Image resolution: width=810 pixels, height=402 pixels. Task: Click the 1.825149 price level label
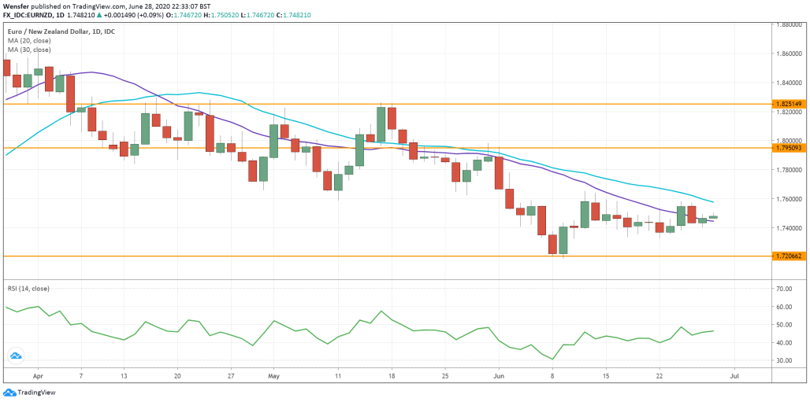(789, 104)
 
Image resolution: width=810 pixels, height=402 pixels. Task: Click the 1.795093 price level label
(789, 148)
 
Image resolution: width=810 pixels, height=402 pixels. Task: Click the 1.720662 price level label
(789, 256)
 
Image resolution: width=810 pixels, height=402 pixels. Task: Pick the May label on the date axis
(272, 378)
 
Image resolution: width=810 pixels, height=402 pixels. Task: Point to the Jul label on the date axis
(734, 378)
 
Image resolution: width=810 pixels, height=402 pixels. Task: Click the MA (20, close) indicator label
(29, 41)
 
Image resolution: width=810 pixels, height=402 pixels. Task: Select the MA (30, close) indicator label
(29, 50)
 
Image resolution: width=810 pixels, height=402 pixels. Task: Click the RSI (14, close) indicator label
(28, 289)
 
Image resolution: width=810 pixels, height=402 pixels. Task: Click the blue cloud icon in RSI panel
(15, 356)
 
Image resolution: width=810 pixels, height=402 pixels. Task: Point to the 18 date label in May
(391, 378)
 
